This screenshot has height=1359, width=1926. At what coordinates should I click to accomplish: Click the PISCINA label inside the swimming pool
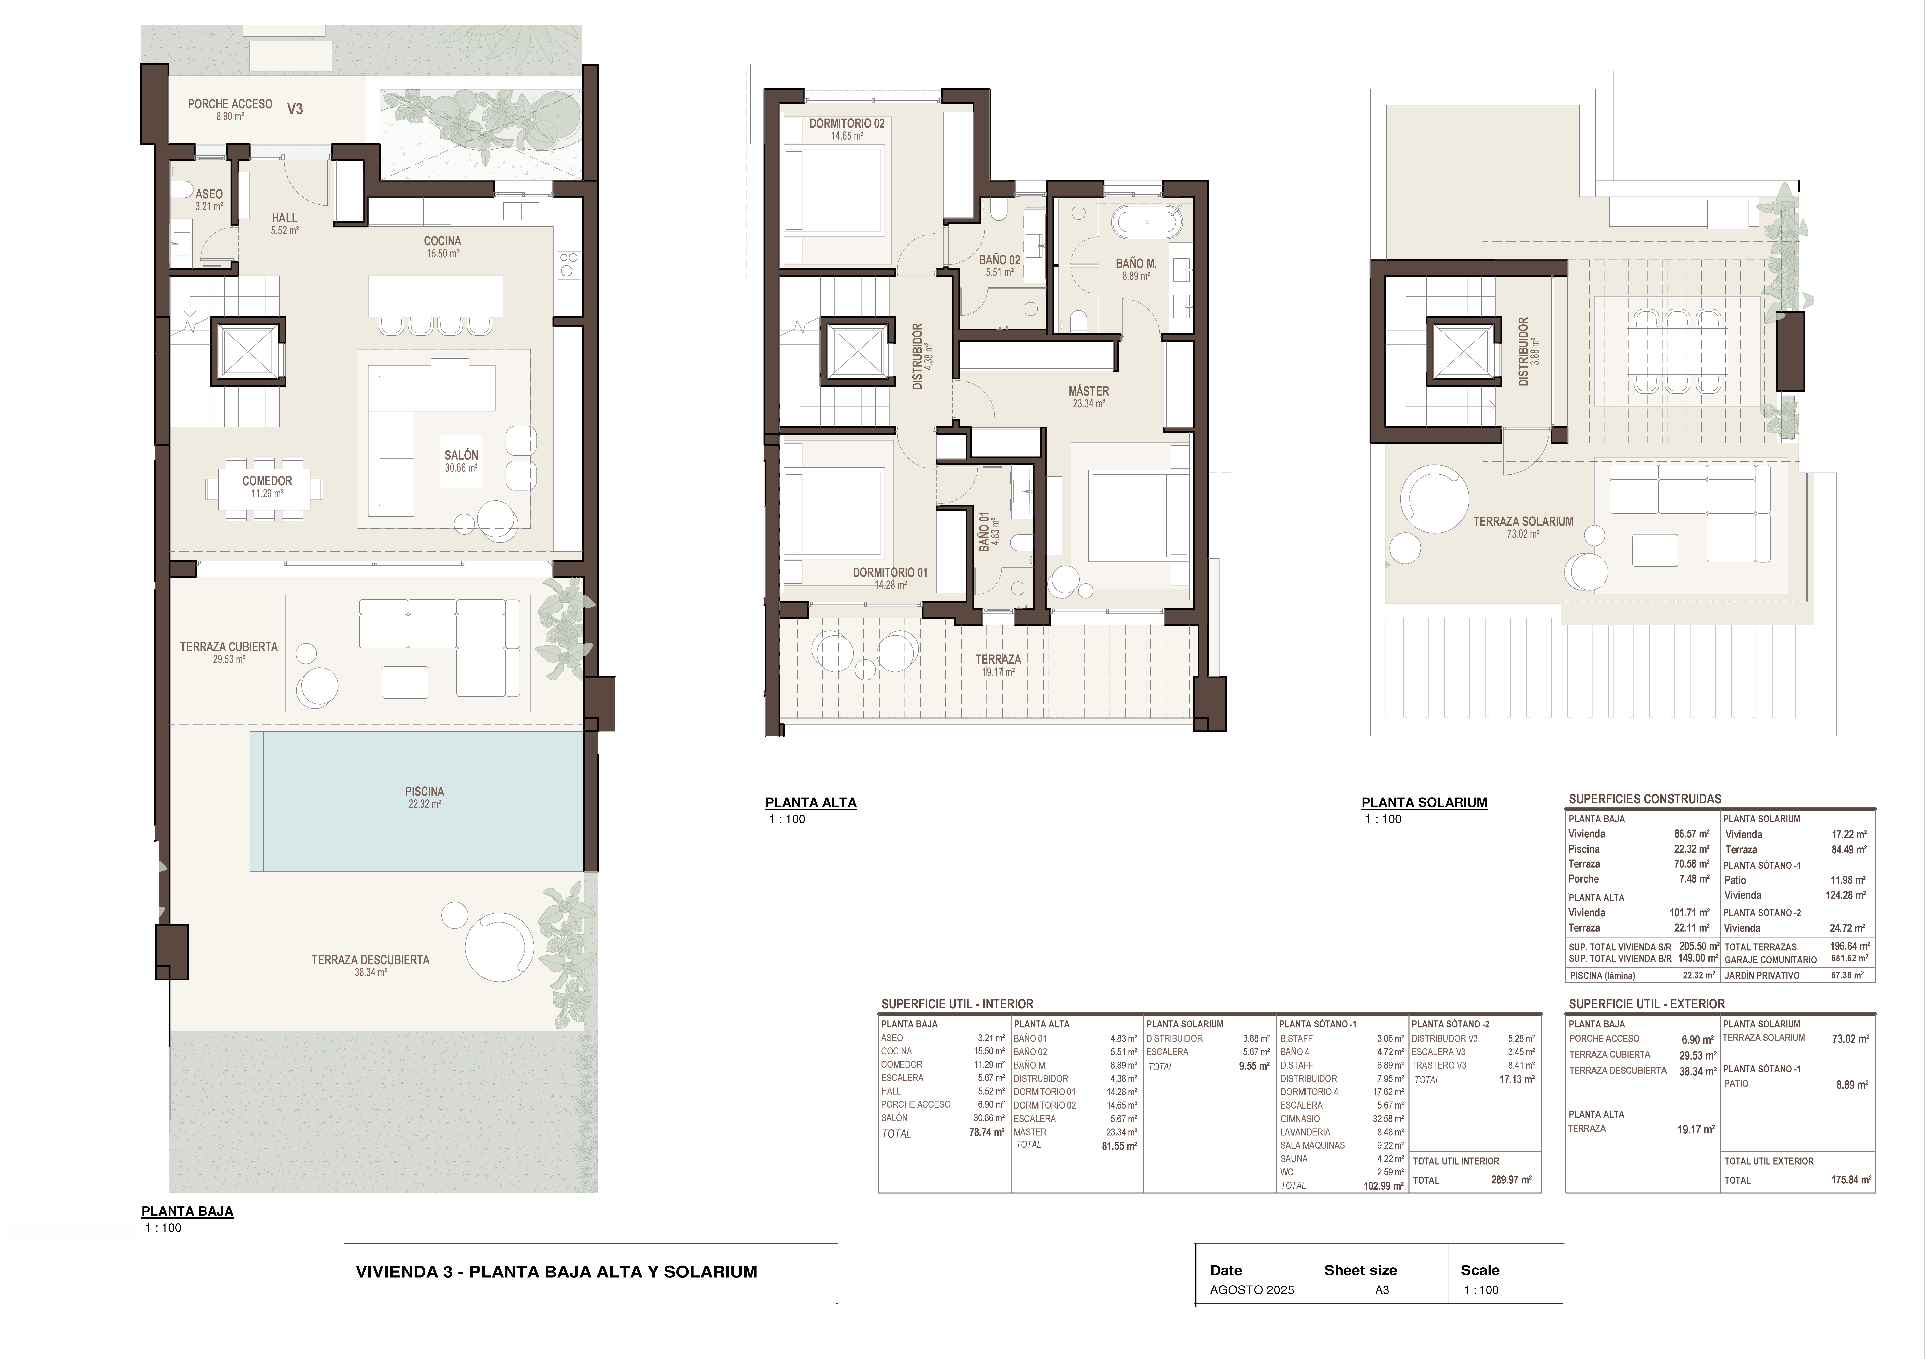point(424,791)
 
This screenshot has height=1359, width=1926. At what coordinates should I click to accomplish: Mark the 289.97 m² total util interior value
point(1508,1180)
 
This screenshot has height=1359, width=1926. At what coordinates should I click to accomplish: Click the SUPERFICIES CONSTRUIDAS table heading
point(1645,799)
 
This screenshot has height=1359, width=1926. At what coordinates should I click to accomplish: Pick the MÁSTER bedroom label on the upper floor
point(1089,391)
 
